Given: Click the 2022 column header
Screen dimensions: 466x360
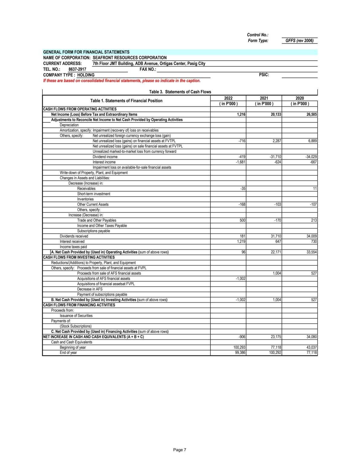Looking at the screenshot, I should [x=228, y=98].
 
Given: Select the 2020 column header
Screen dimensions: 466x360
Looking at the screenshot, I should [x=300, y=98].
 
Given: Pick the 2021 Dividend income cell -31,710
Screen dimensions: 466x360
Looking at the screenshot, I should [x=275, y=157].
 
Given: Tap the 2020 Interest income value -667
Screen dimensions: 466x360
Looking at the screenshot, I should [x=313, y=162].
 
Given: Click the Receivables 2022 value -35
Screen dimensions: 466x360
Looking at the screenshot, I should [x=243, y=189].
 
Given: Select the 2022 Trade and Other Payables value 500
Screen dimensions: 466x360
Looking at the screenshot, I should [x=242, y=220].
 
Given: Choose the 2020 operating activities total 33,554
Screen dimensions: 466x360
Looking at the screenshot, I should [x=312, y=252].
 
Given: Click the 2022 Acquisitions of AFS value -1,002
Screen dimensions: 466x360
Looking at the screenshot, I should [x=240, y=279].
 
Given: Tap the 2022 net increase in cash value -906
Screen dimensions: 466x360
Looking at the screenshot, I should [x=242, y=337].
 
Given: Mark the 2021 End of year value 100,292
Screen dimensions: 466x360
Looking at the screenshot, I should [x=275, y=353].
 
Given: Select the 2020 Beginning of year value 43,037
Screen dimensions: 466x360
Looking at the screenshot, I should [x=312, y=347].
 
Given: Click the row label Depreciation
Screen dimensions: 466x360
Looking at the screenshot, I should [x=69, y=125].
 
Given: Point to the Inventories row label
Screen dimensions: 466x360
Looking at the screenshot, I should [x=85, y=199].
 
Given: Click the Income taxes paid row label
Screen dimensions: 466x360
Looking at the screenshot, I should [x=73, y=247].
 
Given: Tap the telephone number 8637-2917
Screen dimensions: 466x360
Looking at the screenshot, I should [x=77, y=69].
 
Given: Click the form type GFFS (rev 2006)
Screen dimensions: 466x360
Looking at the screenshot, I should [x=299, y=41].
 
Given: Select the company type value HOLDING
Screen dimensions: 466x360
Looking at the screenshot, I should [x=86, y=75].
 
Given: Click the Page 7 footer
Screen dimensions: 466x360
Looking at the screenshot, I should [x=180, y=450].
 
